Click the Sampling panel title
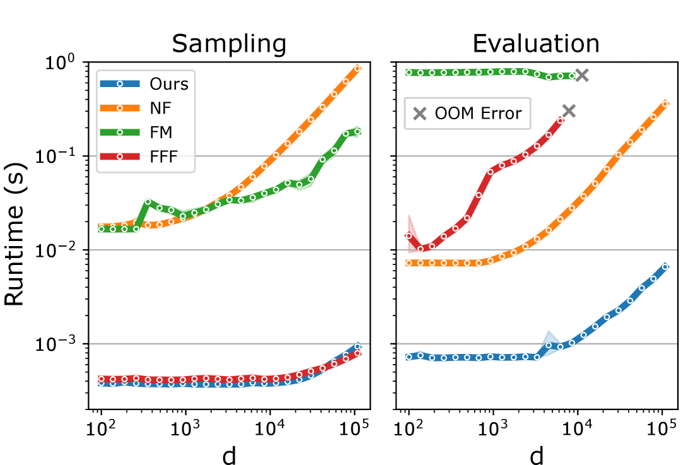229,44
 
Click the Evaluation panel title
536,44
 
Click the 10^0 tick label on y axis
60,63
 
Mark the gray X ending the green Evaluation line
581,75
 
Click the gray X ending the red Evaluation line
569,111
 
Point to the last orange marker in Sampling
358,68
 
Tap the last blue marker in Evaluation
665,267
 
